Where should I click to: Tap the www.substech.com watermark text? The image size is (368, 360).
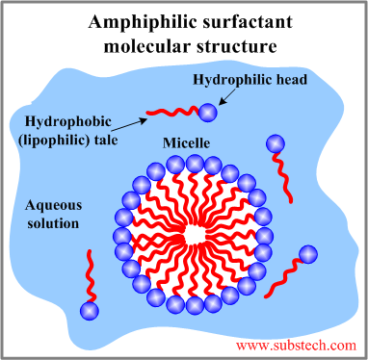click(x=295, y=344)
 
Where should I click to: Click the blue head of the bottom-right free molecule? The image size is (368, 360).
click(x=307, y=255)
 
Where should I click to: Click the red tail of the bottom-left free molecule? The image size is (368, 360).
click(x=90, y=274)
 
